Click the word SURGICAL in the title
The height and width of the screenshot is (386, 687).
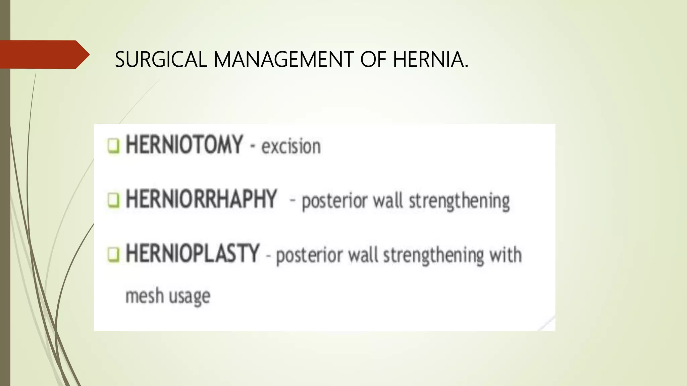[161, 60]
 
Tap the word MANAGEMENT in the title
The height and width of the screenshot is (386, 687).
[283, 60]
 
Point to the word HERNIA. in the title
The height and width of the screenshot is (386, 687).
[430, 60]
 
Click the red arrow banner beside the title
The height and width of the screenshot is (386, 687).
[44, 55]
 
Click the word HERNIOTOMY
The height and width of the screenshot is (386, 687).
[184, 145]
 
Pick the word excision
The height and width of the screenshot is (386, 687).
[291, 147]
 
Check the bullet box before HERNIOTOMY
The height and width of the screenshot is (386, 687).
[113, 146]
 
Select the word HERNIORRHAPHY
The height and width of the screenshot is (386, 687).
[201, 199]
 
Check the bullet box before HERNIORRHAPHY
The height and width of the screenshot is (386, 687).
[113, 200]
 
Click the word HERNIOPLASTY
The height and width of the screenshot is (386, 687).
[193, 253]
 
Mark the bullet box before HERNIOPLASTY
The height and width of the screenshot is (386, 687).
[113, 255]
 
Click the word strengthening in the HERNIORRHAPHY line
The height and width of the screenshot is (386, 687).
[459, 201]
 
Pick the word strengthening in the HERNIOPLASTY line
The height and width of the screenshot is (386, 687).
[433, 256]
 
